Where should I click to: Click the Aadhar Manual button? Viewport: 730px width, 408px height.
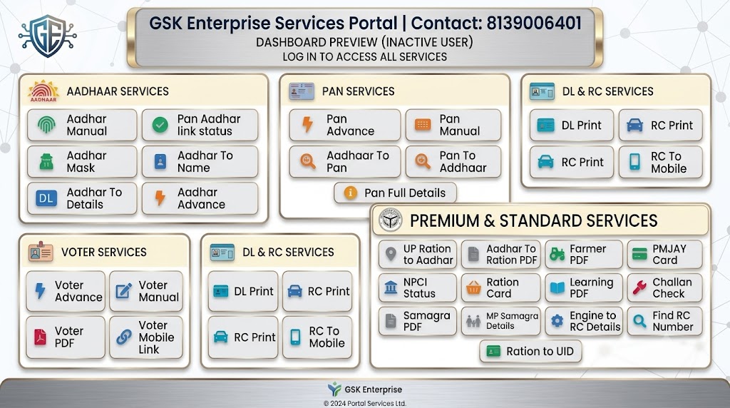tap(82, 125)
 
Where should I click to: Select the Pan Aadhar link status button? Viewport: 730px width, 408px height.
tap(200, 125)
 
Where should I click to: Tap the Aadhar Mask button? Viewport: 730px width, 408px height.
tap(82, 162)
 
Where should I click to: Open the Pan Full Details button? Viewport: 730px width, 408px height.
tap(395, 193)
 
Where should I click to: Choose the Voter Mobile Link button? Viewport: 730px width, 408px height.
tap(146, 337)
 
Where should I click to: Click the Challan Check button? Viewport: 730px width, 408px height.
tap(664, 288)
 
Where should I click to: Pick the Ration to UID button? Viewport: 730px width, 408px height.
tap(530, 351)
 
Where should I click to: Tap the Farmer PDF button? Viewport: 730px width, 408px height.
tap(584, 255)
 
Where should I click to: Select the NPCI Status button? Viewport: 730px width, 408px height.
tap(417, 288)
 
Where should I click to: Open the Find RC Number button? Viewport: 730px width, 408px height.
tap(664, 321)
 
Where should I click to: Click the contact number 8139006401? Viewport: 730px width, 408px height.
tap(534, 23)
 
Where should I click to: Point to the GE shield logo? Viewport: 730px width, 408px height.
tap(48, 36)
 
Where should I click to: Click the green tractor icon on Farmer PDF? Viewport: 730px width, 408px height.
tap(557, 255)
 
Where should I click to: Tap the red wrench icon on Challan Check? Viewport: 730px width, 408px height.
tap(639, 288)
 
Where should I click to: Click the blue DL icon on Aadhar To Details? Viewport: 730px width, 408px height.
tap(46, 198)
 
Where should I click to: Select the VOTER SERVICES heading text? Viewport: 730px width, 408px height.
tap(104, 252)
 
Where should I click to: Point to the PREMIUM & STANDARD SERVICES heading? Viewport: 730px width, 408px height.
tap(533, 221)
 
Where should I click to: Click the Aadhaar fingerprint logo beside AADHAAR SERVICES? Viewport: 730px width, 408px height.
tap(43, 91)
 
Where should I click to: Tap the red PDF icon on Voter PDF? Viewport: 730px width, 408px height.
tap(41, 337)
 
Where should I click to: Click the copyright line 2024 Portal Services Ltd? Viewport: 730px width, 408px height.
tap(365, 403)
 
